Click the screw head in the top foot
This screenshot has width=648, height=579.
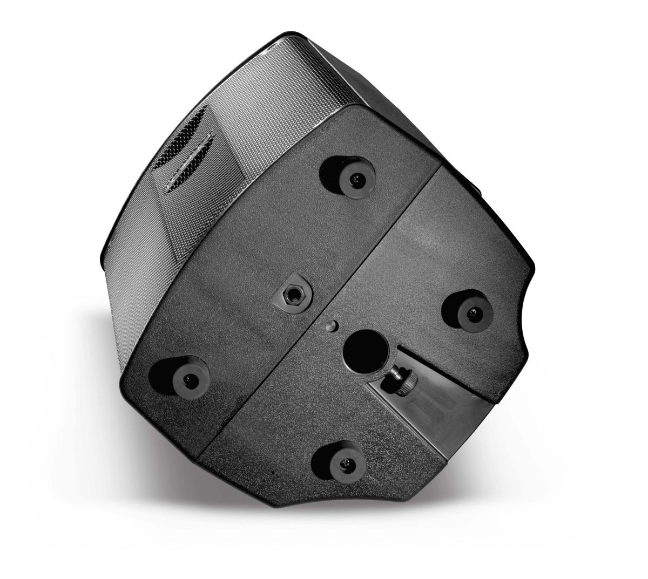tap(356, 178)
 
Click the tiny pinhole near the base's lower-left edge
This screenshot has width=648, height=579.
tap(273, 474)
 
